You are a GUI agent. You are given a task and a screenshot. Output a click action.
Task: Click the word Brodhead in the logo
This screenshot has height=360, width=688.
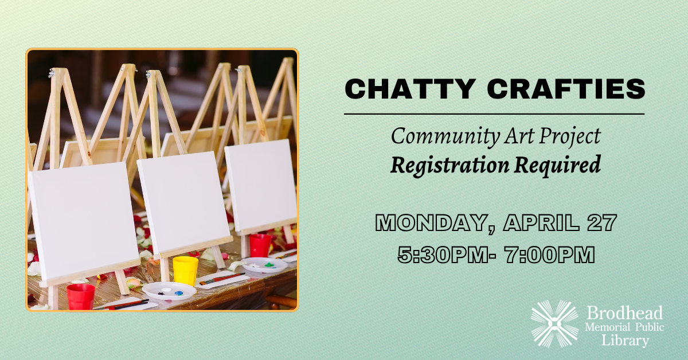coord(625,313)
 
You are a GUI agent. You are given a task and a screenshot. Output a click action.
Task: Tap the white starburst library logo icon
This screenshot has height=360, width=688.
coord(554,323)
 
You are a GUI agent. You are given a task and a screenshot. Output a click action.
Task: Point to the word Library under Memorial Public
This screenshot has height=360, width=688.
coord(625,341)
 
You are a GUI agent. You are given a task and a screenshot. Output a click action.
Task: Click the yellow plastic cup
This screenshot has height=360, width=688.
coord(185,271)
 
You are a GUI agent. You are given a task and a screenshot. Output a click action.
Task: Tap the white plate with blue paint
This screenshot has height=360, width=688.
coord(169,291)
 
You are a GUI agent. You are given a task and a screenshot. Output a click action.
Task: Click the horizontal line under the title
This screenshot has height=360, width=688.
coord(494,115)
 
